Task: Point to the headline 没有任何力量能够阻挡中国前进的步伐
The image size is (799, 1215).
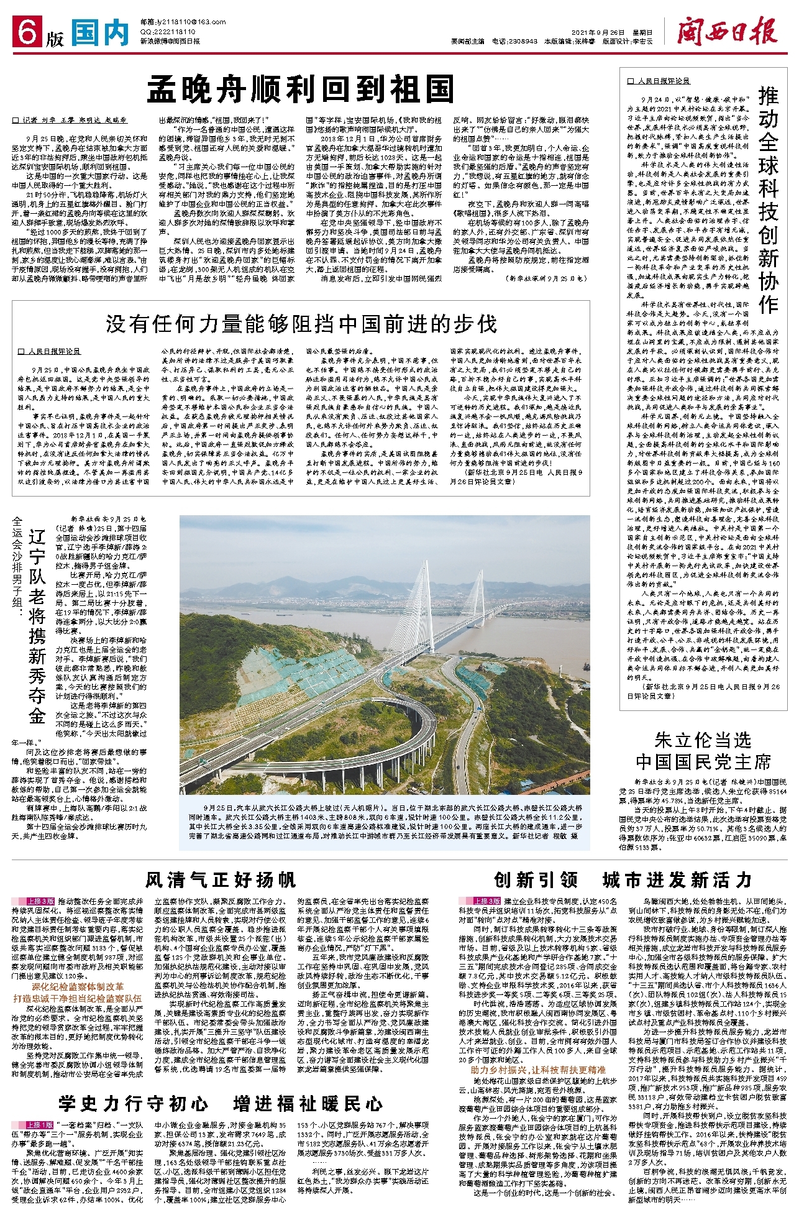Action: coord(301,324)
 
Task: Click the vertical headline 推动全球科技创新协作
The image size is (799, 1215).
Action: coord(768,199)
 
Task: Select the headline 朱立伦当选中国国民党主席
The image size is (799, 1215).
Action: coord(703,751)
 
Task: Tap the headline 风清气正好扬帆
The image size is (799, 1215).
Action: coord(221,880)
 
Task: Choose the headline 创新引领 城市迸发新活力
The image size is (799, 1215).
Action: coord(623,880)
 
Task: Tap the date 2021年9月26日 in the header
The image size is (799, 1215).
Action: coord(596,32)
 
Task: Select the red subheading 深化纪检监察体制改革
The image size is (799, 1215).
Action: coord(78,986)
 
